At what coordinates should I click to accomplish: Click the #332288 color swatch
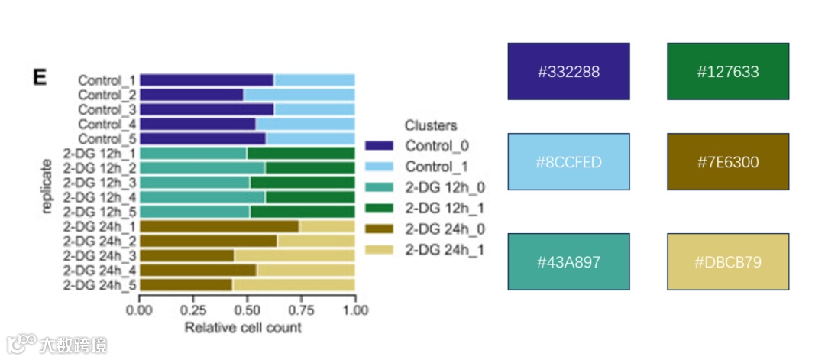(568, 72)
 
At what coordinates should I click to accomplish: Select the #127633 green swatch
(727, 72)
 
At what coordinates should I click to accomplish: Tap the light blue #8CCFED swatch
(568, 162)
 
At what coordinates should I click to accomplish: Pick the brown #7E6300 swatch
(727, 162)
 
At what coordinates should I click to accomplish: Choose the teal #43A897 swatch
(568, 262)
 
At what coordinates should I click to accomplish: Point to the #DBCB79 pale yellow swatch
(727, 262)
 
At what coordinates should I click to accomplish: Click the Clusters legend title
(431, 125)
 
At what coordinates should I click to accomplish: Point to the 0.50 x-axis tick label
(247, 311)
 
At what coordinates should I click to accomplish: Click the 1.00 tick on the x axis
(354, 311)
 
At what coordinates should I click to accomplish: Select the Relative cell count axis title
(243, 328)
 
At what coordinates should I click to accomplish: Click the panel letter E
(40, 76)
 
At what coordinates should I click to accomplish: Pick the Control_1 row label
(107, 80)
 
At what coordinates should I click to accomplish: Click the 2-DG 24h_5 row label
(100, 285)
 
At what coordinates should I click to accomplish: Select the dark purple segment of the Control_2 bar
(191, 95)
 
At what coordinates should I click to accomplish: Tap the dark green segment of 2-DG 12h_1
(300, 153)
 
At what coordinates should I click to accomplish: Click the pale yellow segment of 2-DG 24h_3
(294, 255)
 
